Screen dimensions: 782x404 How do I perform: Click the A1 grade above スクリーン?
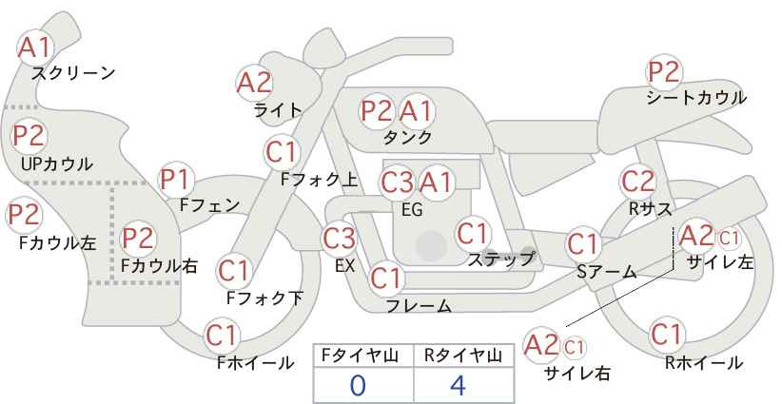pyautogui.click(x=35, y=48)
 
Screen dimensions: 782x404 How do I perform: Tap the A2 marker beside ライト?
pyautogui.click(x=254, y=83)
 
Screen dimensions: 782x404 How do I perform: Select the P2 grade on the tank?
pyautogui.click(x=377, y=110)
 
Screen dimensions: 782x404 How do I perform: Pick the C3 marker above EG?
pyautogui.click(x=397, y=183)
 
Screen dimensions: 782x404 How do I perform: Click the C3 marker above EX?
pyautogui.click(x=339, y=239)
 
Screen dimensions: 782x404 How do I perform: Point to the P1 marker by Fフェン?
pyautogui.click(x=176, y=180)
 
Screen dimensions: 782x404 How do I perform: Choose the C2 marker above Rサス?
pyautogui.click(x=637, y=182)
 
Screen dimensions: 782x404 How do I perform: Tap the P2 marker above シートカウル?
pyautogui.click(x=664, y=72)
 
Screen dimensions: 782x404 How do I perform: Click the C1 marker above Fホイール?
pyautogui.click(x=222, y=336)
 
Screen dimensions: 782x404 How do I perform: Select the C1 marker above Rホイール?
pyautogui.click(x=666, y=335)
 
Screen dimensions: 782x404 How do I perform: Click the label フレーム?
pyautogui.click(x=419, y=306)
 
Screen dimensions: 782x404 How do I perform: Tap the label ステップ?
pyautogui.click(x=501, y=260)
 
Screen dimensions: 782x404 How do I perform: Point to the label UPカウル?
pyautogui.click(x=57, y=164)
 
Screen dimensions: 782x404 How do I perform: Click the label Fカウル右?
pyautogui.click(x=159, y=266)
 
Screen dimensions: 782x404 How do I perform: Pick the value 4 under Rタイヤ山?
pyautogui.click(x=458, y=385)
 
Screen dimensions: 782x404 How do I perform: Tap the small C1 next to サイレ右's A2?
pyautogui.click(x=574, y=347)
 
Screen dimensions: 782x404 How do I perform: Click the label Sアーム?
pyautogui.click(x=607, y=272)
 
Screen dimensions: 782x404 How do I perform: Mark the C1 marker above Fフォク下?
pyautogui.click(x=233, y=272)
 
